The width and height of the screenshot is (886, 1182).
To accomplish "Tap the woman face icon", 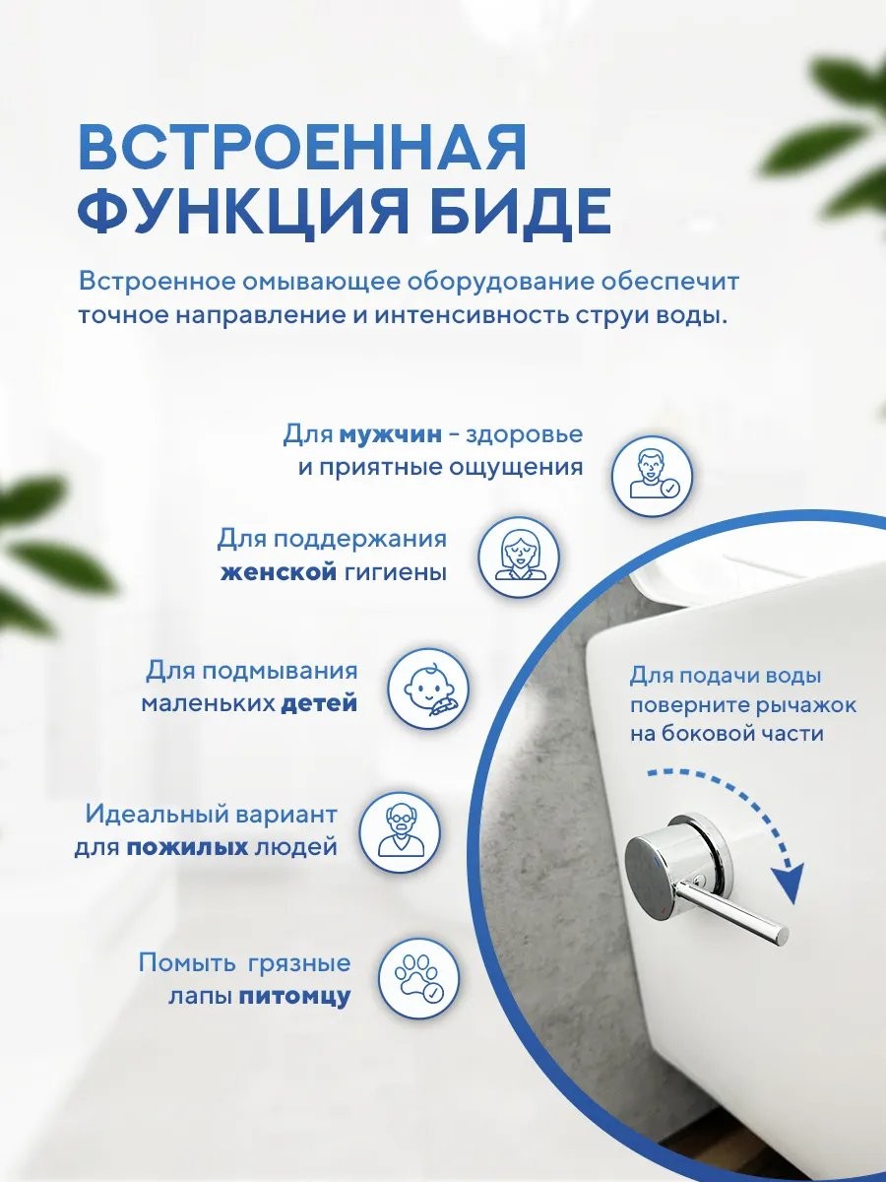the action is (x=520, y=557).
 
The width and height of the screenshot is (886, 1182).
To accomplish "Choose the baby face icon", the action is (x=429, y=689).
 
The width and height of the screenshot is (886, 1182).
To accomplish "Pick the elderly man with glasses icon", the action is (x=400, y=829).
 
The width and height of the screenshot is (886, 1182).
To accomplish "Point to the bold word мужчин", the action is (x=391, y=434).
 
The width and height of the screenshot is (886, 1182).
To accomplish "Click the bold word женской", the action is (x=279, y=573).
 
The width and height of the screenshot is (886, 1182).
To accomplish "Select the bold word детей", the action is (x=320, y=704).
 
